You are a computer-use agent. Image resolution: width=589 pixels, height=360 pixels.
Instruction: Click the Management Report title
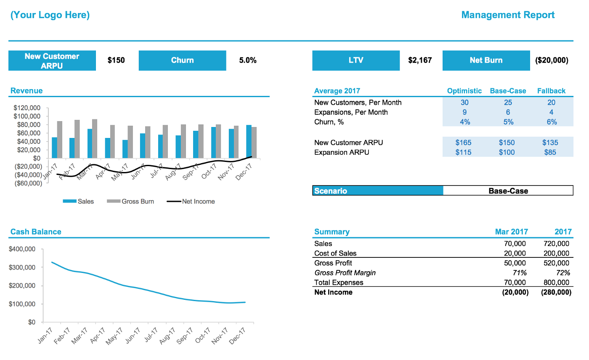pos(508,15)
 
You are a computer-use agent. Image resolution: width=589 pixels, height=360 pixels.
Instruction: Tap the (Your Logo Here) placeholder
pos(50,15)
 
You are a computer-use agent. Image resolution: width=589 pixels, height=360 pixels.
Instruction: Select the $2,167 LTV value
pos(420,61)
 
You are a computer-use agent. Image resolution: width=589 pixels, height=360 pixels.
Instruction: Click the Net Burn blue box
pos(486,61)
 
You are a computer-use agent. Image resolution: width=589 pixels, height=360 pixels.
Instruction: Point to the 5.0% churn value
pos(248,61)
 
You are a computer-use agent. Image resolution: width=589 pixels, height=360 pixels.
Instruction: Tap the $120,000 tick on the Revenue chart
pos(27,108)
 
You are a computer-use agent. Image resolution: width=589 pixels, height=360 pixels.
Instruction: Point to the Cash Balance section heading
pos(36,232)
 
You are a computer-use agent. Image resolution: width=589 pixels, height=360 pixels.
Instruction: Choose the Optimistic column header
pos(464,91)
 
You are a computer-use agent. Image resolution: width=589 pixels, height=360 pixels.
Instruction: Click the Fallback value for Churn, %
pos(551,122)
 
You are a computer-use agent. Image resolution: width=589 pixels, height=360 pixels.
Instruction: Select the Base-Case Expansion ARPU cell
pos(507,152)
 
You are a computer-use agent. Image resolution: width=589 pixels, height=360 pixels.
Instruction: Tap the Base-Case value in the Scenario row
pos(508,191)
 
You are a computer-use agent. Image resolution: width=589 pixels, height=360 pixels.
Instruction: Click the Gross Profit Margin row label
pos(345,273)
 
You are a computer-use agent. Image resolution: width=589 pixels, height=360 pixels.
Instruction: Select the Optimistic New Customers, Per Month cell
pos(464,103)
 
